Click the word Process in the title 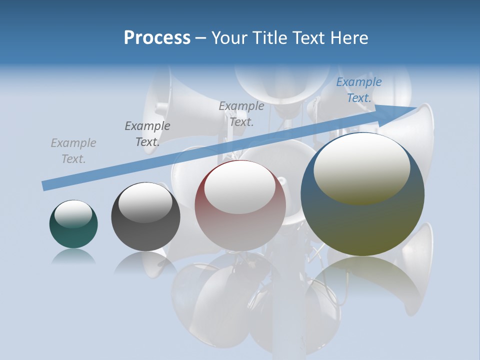(x=157, y=38)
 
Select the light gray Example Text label (x=73, y=151)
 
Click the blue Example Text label (x=359, y=90)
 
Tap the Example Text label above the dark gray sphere (x=147, y=134)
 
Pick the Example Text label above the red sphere (x=241, y=113)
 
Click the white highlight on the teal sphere (x=73, y=213)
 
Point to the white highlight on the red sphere (x=239, y=187)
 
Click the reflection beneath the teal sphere (x=73, y=257)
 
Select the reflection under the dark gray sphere (x=145, y=263)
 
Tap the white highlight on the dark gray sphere (x=145, y=202)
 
